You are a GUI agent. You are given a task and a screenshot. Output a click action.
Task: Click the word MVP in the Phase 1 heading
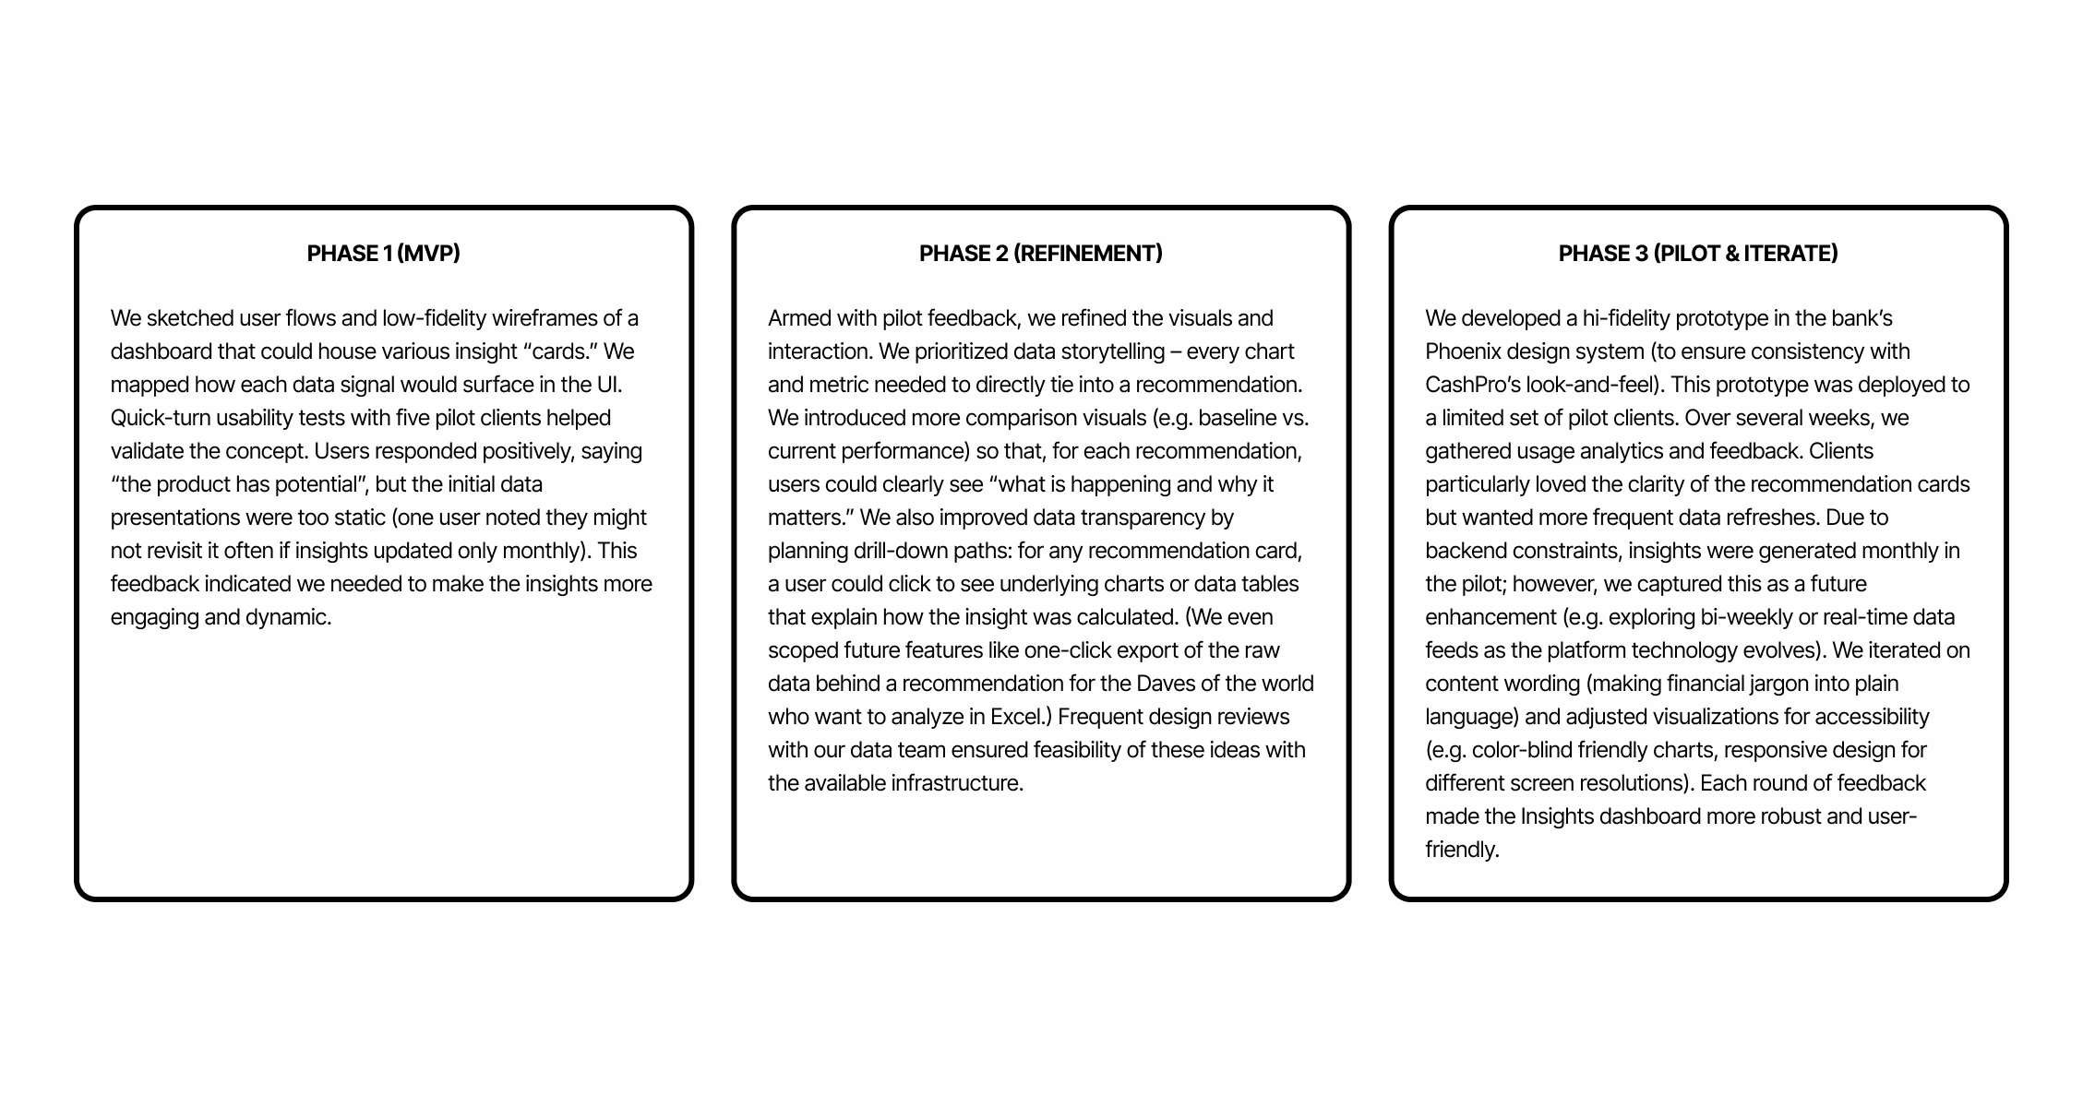point(428,254)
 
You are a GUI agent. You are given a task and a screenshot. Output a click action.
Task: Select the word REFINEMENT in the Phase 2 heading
point(1087,254)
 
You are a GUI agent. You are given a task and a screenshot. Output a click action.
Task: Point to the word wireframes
point(545,318)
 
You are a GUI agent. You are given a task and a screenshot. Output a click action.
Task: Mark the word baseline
point(1237,418)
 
